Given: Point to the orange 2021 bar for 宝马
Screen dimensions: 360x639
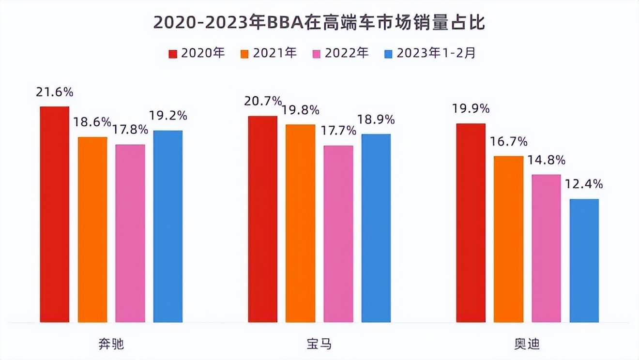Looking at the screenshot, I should coord(300,223).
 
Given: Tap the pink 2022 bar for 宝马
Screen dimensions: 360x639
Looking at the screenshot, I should coord(338,234).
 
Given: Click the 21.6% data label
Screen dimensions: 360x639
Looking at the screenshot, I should coord(54,92).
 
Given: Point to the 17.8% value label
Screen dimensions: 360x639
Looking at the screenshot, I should coord(130,130).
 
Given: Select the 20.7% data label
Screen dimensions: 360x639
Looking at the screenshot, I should coord(263,101).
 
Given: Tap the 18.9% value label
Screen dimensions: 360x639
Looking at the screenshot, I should coord(376,120).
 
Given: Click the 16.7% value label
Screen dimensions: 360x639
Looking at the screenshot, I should coord(509,142).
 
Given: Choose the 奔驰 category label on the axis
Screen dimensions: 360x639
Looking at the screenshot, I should coord(111,344).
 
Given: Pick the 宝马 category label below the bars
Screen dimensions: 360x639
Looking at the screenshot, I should coord(319,344).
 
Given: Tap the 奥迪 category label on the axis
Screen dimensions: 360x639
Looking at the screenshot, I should coord(527,344).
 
